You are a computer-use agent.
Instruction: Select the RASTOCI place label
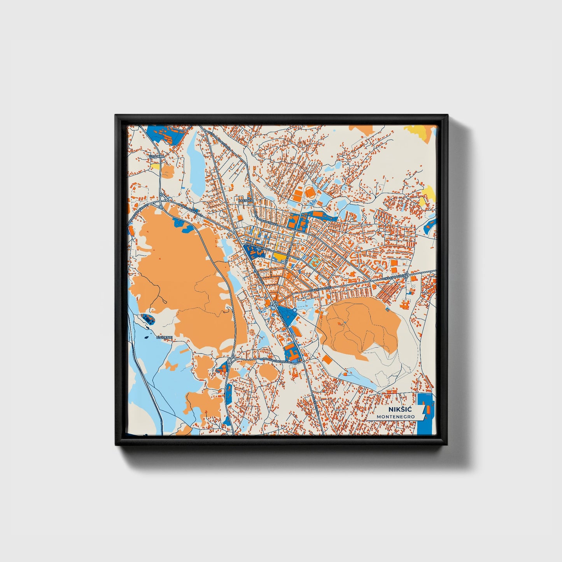click(x=245, y=201)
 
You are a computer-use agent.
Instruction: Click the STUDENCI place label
click(x=165, y=337)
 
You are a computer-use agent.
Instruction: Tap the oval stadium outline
click(x=310, y=192)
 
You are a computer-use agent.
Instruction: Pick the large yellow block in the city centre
click(x=279, y=256)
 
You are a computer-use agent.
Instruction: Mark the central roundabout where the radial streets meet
click(x=275, y=304)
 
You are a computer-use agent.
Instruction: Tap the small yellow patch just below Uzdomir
click(x=155, y=166)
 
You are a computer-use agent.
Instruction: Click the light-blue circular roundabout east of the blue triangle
click(x=295, y=310)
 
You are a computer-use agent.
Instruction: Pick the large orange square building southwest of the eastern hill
click(x=328, y=359)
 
